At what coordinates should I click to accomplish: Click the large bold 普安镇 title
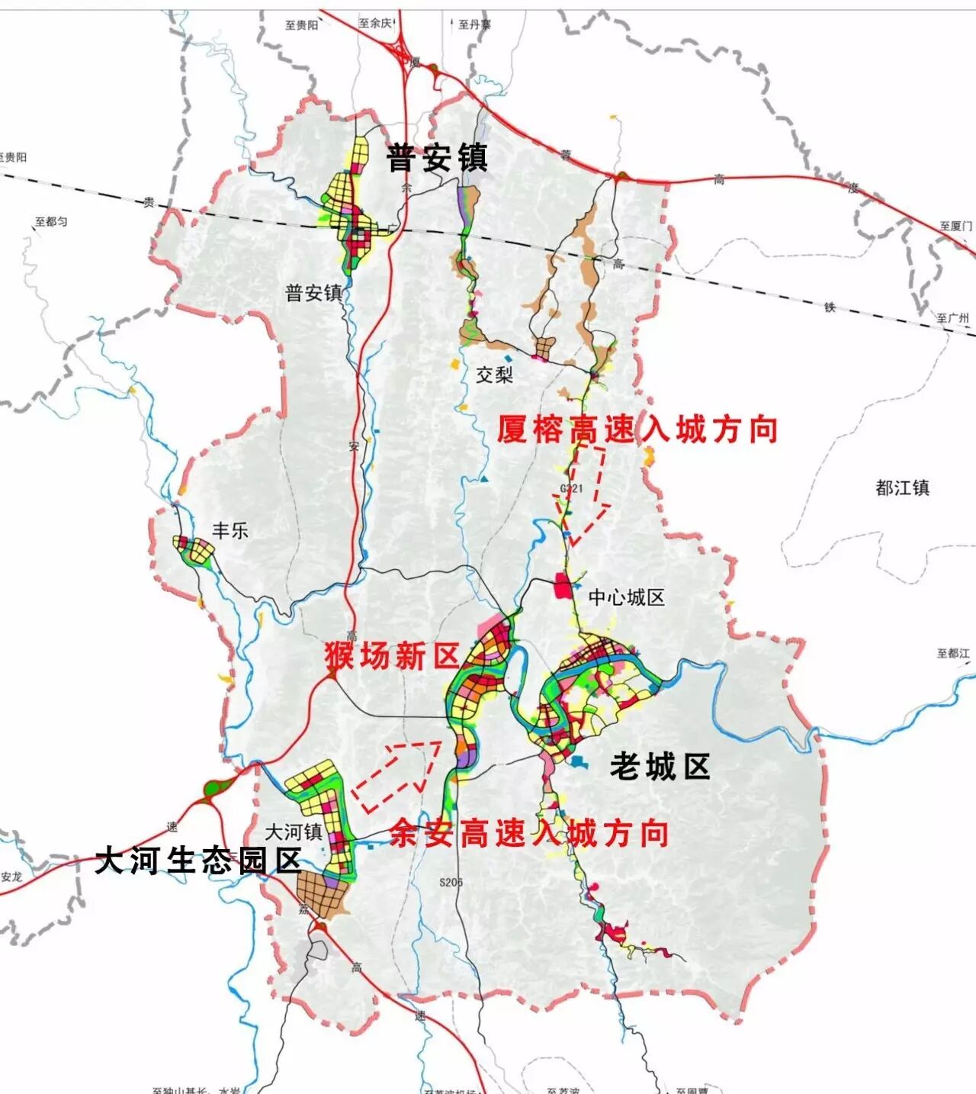(x=437, y=158)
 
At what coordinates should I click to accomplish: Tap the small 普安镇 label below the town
(x=313, y=293)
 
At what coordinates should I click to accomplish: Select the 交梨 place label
(x=495, y=375)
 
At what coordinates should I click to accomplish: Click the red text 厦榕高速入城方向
(x=637, y=430)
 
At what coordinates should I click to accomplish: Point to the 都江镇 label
(x=902, y=487)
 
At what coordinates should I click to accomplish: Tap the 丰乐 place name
(x=230, y=530)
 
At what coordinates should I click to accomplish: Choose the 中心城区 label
(x=626, y=597)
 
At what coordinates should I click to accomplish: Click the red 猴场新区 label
(x=393, y=655)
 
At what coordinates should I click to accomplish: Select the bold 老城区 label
(x=660, y=767)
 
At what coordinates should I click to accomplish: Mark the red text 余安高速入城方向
(x=528, y=833)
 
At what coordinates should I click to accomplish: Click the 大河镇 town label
(x=294, y=832)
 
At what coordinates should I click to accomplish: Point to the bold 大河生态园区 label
(x=198, y=861)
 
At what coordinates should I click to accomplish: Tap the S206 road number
(x=451, y=882)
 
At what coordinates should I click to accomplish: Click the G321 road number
(x=571, y=489)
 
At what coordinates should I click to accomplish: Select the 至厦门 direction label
(x=955, y=226)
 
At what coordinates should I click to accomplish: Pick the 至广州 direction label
(x=952, y=317)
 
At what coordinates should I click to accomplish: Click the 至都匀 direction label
(x=51, y=222)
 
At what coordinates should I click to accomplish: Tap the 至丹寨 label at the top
(x=474, y=24)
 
